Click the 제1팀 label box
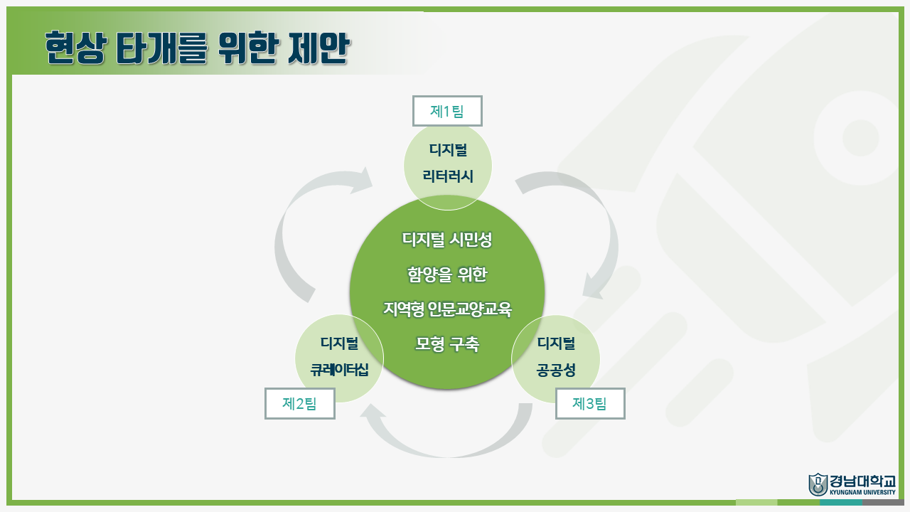(447, 111)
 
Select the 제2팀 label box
(299, 403)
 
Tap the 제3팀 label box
(590, 403)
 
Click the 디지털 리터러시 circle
(448, 164)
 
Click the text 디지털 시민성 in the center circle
(447, 240)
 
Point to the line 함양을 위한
(447, 274)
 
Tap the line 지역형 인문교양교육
(447, 309)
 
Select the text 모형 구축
(447, 344)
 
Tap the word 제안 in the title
(319, 48)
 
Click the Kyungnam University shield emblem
(818, 484)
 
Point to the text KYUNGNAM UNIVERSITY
(862, 491)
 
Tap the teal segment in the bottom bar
(841, 502)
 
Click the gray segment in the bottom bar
(883, 502)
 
